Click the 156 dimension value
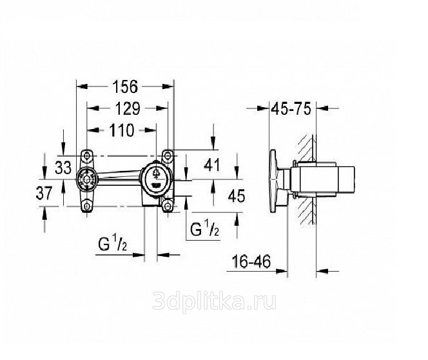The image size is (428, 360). (x=125, y=86)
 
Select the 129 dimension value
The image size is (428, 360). (x=127, y=108)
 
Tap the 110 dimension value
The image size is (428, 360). (x=122, y=130)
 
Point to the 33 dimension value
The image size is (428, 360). (x=63, y=168)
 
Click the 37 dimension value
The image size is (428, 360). (x=44, y=194)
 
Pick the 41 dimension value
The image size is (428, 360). (x=212, y=165)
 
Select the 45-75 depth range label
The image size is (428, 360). (x=291, y=109)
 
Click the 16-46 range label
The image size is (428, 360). (x=251, y=261)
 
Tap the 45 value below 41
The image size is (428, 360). (x=237, y=196)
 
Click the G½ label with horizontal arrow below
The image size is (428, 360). (x=113, y=244)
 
